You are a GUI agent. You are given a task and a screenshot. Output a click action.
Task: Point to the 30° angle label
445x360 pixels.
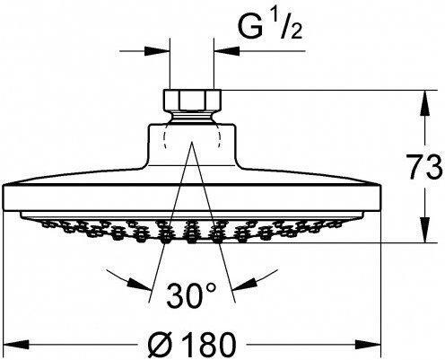point(193,294)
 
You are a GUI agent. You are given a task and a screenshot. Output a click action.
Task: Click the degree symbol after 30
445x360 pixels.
point(214,287)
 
